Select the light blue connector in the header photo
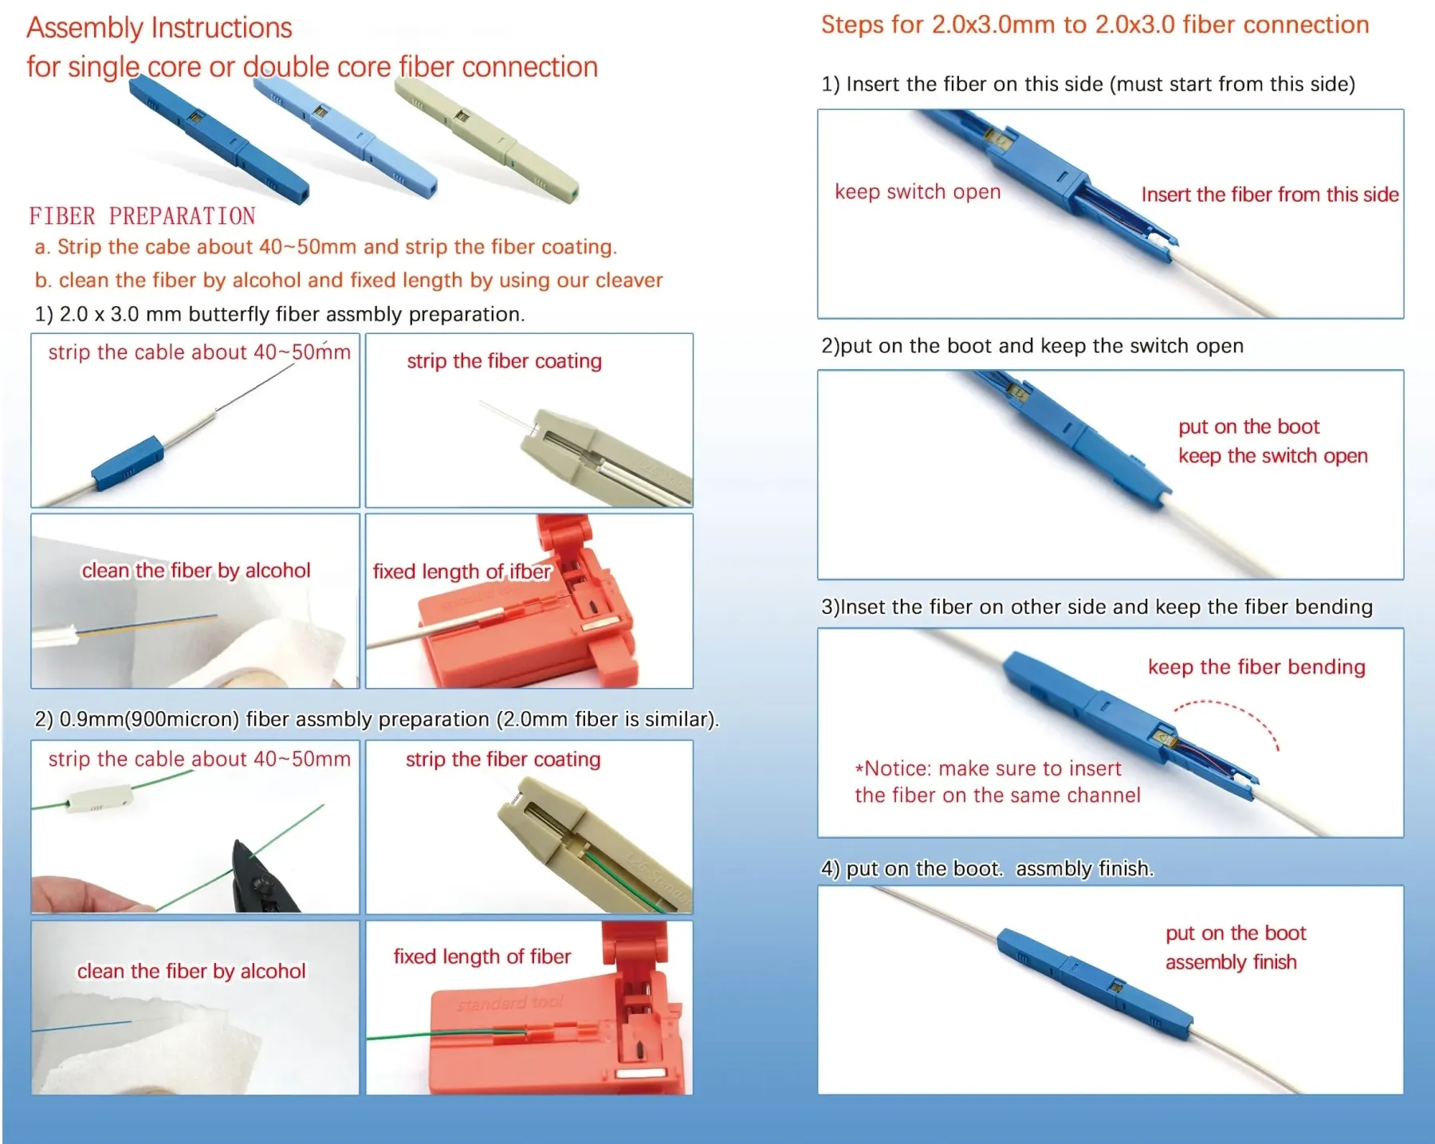tap(347, 140)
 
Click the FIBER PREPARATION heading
tap(142, 216)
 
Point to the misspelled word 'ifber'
tap(529, 572)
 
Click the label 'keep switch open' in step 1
tap(917, 192)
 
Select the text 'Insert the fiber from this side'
tap(1269, 195)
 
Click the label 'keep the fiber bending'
tap(1256, 666)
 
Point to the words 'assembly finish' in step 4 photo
tap(1230, 962)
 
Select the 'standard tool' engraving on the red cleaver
tap(510, 1003)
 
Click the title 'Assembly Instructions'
tap(159, 28)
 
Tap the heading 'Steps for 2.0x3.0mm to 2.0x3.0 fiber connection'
tap(1095, 25)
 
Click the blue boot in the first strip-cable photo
tap(128, 462)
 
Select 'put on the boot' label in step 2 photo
tap(1248, 427)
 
